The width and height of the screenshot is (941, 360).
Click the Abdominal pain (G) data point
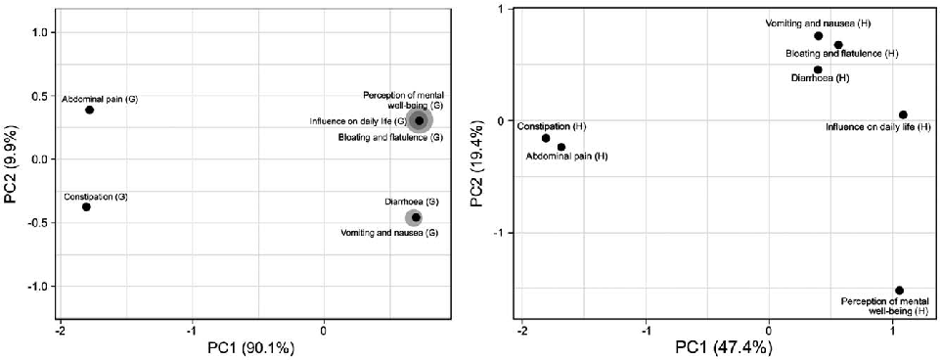click(x=89, y=110)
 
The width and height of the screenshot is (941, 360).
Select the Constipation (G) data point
click(x=86, y=206)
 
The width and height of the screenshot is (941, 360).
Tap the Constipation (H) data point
click(x=546, y=138)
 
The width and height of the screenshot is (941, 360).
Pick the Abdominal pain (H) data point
click(x=561, y=147)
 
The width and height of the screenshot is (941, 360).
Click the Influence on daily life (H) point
click(x=903, y=114)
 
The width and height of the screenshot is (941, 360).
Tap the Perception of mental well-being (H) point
click(x=899, y=290)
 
